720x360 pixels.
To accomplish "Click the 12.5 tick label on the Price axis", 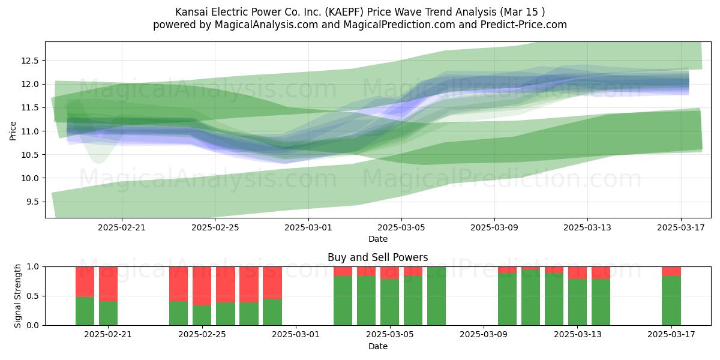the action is pyautogui.click(x=29, y=61).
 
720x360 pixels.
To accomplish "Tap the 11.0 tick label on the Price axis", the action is pyautogui.click(x=29, y=131).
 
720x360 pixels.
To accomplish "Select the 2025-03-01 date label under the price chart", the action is pyautogui.click(x=308, y=227).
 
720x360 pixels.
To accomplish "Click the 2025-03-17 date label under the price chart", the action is pyautogui.click(x=681, y=227).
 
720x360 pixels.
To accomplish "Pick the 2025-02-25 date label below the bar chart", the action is pyautogui.click(x=202, y=335).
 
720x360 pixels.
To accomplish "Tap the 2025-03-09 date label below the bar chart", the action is pyautogui.click(x=484, y=335).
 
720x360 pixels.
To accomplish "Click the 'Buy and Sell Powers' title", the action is pyautogui.click(x=377, y=257).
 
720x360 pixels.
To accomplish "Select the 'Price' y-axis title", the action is pyautogui.click(x=13, y=131).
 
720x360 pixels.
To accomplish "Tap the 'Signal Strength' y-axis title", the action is pyautogui.click(x=17, y=296).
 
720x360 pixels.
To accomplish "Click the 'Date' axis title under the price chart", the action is pyautogui.click(x=377, y=239).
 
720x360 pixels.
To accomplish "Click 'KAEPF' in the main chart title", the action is pyautogui.click(x=344, y=12).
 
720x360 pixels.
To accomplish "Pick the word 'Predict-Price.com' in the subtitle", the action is pyautogui.click(x=524, y=25).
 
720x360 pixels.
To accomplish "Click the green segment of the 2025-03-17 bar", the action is pyautogui.click(x=671, y=301).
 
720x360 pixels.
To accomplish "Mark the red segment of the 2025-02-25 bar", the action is pyautogui.click(x=202, y=286).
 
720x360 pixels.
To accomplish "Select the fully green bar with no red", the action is pyautogui.click(x=437, y=296).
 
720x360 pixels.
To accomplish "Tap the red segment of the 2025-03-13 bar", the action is pyautogui.click(x=577, y=273).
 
